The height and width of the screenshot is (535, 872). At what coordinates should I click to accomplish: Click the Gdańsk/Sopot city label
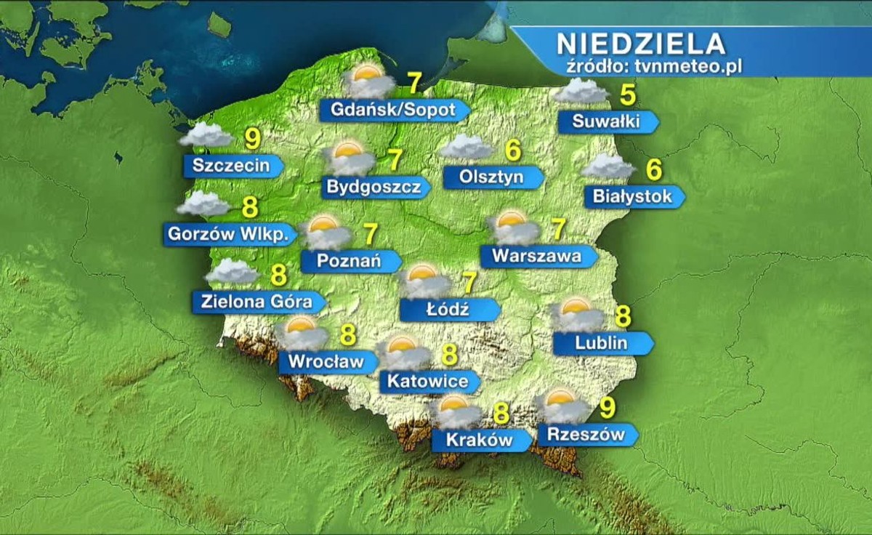click(393, 110)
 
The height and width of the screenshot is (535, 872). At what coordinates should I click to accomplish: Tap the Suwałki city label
click(606, 122)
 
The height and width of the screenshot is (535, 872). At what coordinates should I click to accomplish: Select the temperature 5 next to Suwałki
click(627, 95)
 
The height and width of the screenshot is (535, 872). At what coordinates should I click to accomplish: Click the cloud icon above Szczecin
click(206, 135)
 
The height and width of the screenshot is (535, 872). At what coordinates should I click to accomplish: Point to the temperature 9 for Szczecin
click(252, 138)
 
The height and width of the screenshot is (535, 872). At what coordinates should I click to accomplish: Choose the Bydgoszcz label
click(374, 188)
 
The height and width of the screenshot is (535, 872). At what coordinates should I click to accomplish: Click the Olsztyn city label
click(491, 177)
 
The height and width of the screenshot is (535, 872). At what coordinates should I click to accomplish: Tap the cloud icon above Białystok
click(607, 166)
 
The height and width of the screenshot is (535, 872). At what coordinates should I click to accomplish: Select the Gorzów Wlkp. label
click(230, 234)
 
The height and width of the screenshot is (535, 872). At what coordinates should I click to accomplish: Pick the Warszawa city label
click(536, 257)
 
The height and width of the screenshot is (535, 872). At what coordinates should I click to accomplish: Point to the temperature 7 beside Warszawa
click(558, 229)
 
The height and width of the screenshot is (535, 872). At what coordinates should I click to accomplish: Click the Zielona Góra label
click(257, 302)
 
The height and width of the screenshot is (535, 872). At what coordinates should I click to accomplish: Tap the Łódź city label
click(447, 310)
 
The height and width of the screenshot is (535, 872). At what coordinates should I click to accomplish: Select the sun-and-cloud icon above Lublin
click(578, 315)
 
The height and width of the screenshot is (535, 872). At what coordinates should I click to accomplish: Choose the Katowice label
click(427, 381)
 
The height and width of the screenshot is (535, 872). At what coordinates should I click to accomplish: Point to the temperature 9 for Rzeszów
click(608, 409)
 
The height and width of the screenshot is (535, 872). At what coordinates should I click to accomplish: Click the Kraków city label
click(479, 440)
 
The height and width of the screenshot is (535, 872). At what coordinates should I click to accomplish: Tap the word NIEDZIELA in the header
click(641, 44)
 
